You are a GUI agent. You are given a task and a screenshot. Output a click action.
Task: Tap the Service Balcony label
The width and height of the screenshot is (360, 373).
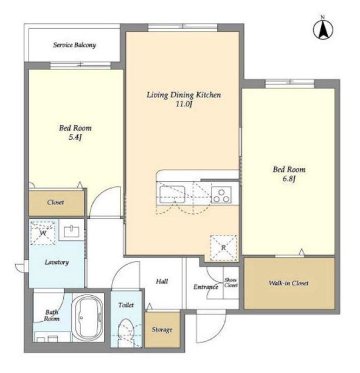pos(74,45)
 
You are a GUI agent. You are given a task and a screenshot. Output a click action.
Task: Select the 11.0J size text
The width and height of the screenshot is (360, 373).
pos(184,104)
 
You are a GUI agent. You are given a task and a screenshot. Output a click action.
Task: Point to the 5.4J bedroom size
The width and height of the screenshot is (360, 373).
pos(75,138)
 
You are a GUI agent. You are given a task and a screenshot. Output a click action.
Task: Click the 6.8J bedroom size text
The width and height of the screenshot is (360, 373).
pos(289,179)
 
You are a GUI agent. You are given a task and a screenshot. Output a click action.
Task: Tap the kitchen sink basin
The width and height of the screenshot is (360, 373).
pos(172,194)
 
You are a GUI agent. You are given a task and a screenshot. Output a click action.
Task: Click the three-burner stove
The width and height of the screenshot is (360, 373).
pos(221,195)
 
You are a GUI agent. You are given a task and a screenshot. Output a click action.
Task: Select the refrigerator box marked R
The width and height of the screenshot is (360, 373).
pos(223,248)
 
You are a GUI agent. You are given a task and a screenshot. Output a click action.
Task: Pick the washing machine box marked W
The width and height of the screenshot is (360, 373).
pos(43,233)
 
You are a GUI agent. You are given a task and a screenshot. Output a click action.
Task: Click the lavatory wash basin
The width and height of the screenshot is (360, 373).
pos(71,231)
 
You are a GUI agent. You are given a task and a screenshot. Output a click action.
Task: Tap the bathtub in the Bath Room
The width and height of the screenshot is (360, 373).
pos(88,318)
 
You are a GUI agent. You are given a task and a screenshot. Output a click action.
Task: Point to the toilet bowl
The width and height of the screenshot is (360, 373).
pos(126,333)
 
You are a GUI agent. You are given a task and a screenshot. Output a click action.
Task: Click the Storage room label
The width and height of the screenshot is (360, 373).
pos(162,329)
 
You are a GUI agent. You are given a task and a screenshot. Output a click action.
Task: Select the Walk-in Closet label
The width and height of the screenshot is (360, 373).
pos(289,283)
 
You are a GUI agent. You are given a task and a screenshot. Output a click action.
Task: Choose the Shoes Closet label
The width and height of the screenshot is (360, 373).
pos(231,282)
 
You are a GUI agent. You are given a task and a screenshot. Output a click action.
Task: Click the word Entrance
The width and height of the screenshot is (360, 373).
pos(206,287)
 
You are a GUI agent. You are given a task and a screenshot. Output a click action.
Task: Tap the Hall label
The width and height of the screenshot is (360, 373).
pos(162,281)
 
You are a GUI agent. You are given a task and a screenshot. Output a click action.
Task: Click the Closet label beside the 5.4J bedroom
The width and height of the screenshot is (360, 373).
pos(55,202)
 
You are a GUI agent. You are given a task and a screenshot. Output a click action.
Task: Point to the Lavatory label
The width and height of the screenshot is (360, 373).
pos(57,262)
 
